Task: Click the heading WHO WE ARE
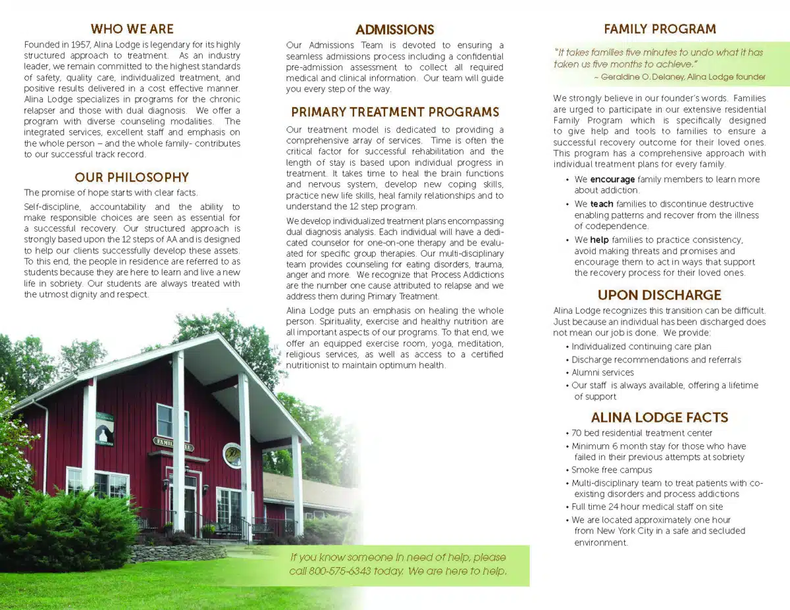tap(132, 29)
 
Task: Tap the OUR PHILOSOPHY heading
tap(132, 178)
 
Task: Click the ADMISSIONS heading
tap(395, 30)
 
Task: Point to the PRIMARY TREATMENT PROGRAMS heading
tap(395, 113)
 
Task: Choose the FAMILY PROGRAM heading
tap(660, 29)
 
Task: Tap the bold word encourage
tap(612, 179)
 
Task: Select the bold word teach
tap(602, 204)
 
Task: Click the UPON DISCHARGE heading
tap(660, 295)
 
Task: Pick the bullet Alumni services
tap(603, 372)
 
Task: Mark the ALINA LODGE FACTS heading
tap(660, 417)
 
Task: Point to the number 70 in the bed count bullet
tap(577, 433)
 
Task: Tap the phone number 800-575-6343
tap(340, 571)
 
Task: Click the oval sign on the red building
tap(232, 455)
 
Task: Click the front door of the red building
tap(190, 503)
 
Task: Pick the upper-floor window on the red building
tap(172, 421)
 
